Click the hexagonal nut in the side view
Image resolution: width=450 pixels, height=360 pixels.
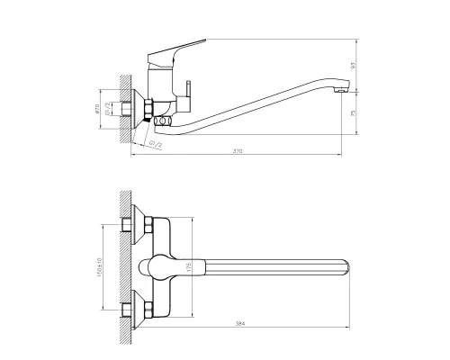[144, 110]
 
